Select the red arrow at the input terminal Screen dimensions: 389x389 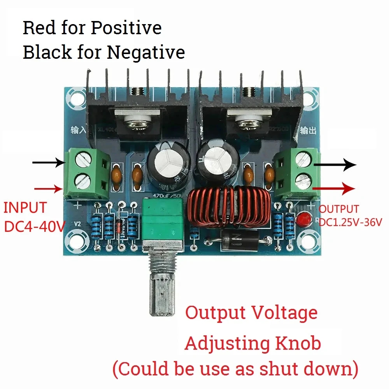[x=49, y=189]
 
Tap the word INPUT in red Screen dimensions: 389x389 [x=25, y=208]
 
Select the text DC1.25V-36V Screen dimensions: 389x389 [x=350, y=223]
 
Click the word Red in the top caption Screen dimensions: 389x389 [x=39, y=28]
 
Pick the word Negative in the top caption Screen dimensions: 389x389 [x=146, y=52]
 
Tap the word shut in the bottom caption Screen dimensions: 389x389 [x=273, y=368]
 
